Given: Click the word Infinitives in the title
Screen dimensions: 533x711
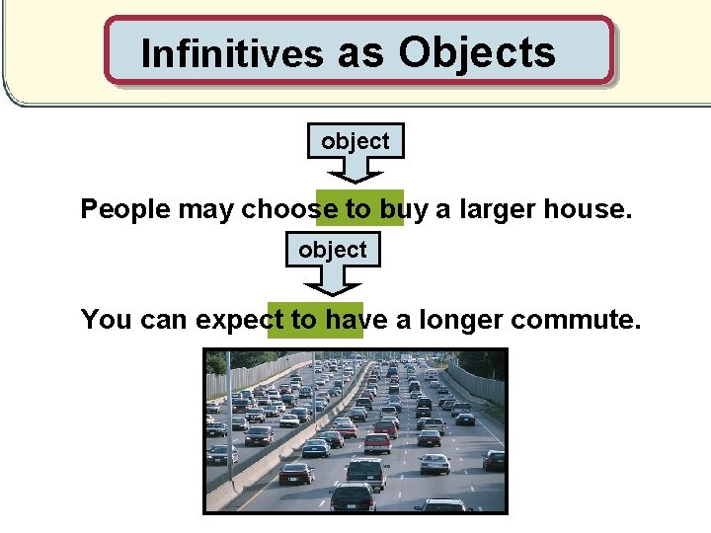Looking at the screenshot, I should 232,53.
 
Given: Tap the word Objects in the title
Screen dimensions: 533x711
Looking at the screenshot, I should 477,51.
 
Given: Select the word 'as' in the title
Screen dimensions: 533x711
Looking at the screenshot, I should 360,53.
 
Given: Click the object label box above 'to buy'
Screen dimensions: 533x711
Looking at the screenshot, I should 355,141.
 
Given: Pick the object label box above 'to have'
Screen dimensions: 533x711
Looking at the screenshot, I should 333,250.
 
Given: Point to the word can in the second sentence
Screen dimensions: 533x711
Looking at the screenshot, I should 160,320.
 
